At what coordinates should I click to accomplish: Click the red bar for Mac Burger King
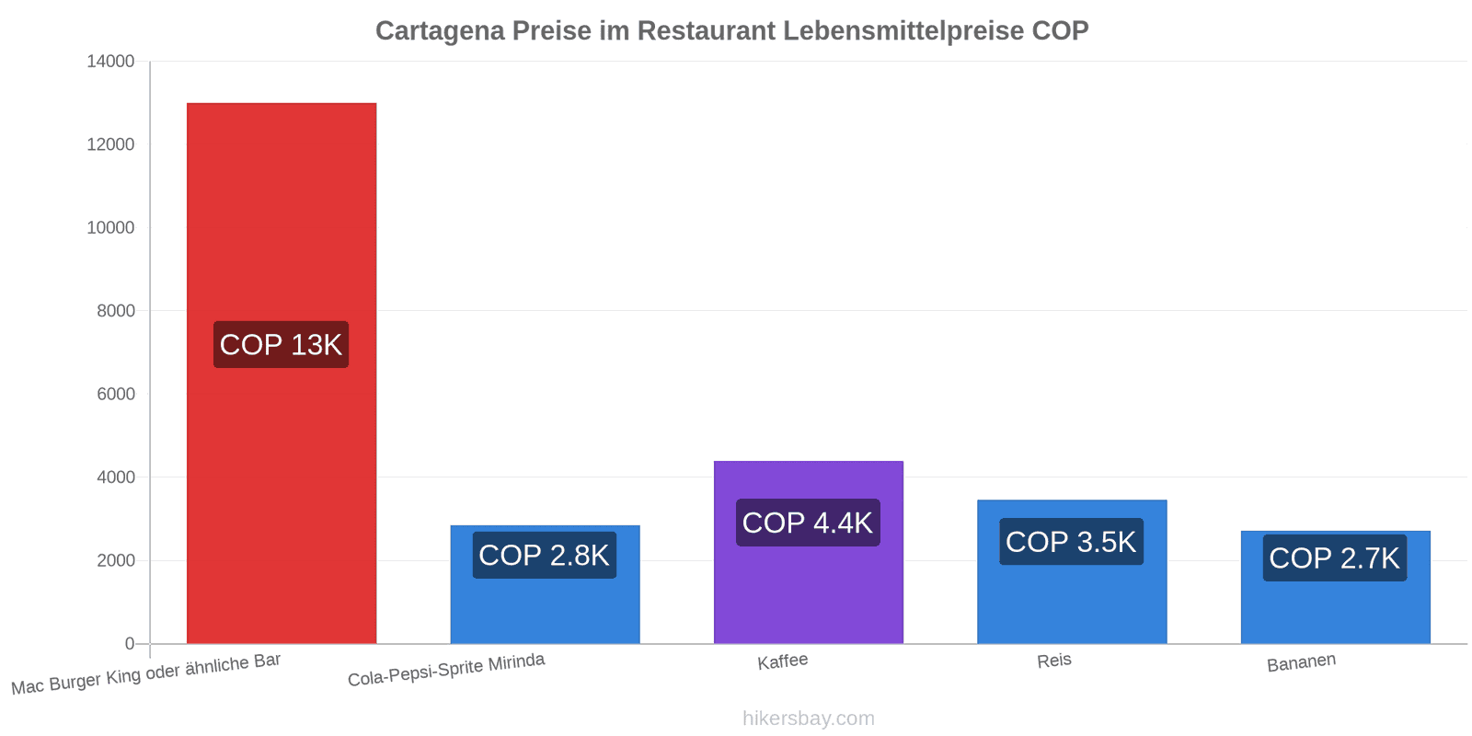click(x=282, y=374)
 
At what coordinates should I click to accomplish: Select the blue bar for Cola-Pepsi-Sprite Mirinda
click(x=545, y=584)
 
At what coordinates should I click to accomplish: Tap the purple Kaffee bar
click(x=809, y=553)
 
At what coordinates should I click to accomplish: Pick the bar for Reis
click(x=1072, y=571)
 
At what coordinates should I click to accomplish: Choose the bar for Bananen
click(x=1335, y=588)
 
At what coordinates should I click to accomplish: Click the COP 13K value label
click(x=282, y=344)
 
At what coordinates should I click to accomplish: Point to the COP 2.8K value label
click(x=545, y=556)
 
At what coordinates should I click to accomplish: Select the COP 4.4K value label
click(x=809, y=523)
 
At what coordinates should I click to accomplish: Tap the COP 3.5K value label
click(x=1072, y=542)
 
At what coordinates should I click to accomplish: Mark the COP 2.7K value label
click(x=1335, y=558)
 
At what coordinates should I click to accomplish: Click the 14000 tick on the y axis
click(x=110, y=61)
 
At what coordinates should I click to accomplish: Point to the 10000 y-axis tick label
click(x=110, y=227)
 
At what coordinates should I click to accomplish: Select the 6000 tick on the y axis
click(x=116, y=394)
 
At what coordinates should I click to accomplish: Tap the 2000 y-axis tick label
click(x=116, y=560)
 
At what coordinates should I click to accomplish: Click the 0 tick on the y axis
click(x=130, y=643)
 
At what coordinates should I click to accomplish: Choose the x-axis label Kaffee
click(x=783, y=661)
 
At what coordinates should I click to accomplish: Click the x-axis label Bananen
click(x=1301, y=662)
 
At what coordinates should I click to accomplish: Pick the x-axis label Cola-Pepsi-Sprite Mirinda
click(x=446, y=670)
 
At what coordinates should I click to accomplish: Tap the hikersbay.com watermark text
click(x=809, y=718)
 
